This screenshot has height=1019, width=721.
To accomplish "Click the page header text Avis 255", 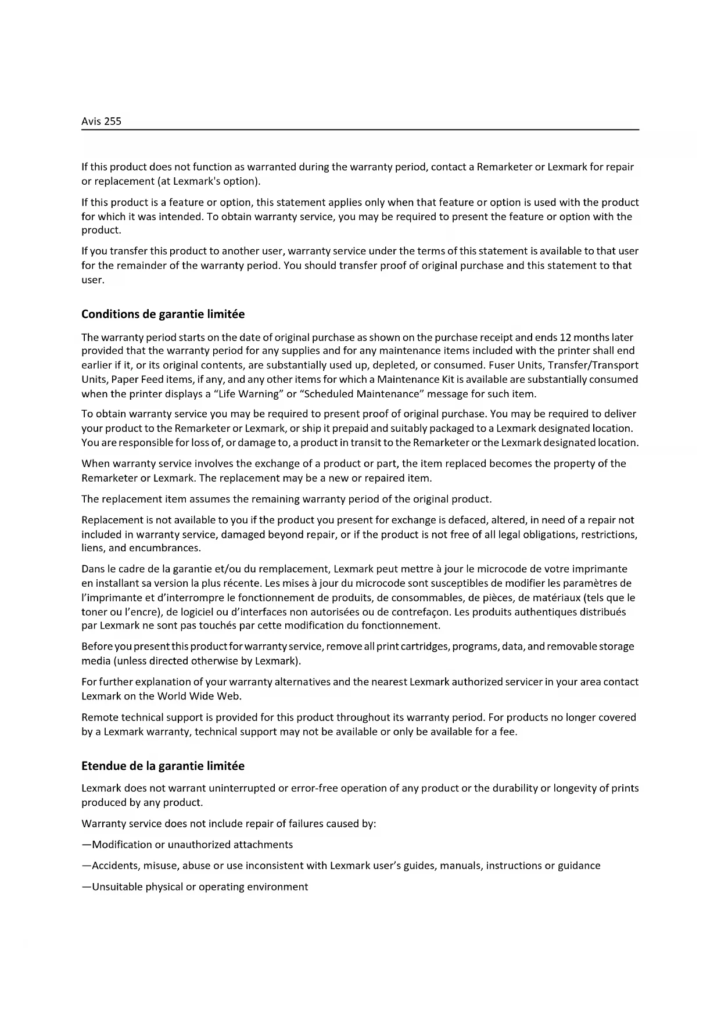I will pyautogui.click(x=101, y=121).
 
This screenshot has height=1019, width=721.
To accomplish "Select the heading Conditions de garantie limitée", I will pyautogui.click(x=163, y=314).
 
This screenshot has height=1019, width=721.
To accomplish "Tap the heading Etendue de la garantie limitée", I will pyautogui.click(x=163, y=766).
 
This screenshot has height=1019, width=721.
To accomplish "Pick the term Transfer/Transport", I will pyautogui.click(x=597, y=365).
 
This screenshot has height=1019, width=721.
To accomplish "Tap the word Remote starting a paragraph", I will pyautogui.click(x=99, y=717).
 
